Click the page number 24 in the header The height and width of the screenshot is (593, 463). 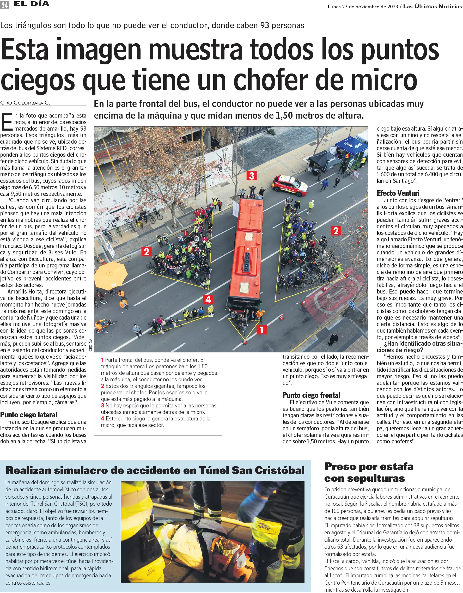pos(5,5)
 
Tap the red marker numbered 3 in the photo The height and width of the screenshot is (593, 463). pos(252,176)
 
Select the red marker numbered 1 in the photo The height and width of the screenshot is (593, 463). pos(261,330)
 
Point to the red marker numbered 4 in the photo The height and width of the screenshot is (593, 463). pos(208,299)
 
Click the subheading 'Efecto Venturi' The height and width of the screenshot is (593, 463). pos(398,193)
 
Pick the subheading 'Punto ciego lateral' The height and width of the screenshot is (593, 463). pos(28,415)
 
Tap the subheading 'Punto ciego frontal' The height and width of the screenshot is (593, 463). pos(312,395)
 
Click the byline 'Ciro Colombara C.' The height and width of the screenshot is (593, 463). pos(25,103)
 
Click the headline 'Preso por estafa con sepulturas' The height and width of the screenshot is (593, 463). pos(369,472)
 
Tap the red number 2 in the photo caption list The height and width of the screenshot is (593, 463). pos(103,386)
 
